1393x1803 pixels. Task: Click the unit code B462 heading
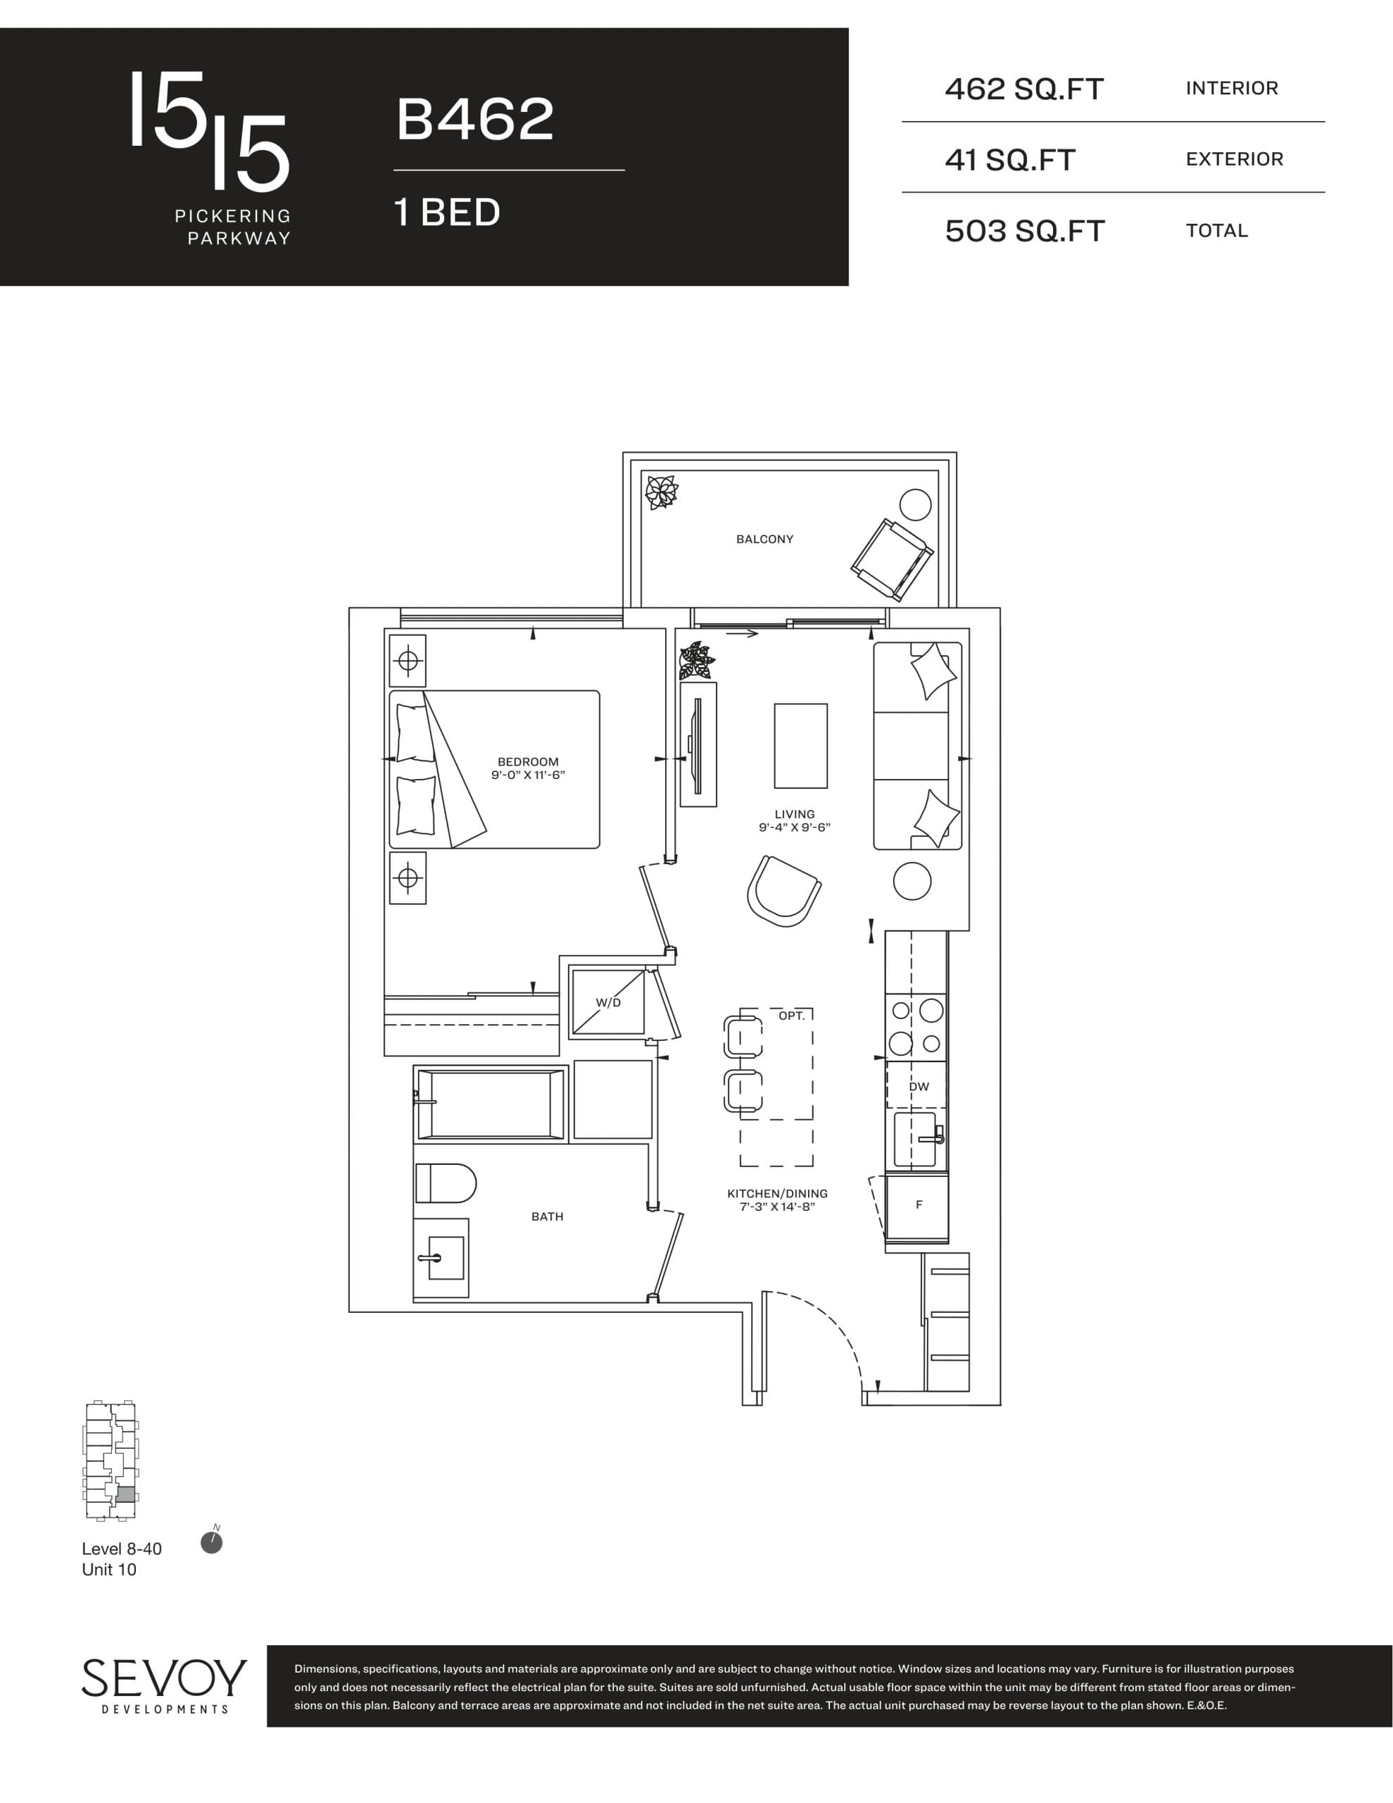tap(474, 119)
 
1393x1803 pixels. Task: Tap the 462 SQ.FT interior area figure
tap(1023, 89)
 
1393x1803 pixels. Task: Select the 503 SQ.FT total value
tap(1024, 231)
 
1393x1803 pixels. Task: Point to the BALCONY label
tap(764, 539)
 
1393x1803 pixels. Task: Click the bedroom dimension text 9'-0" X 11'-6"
tap(527, 775)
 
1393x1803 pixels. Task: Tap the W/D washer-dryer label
tap(608, 1002)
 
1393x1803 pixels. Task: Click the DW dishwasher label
tap(919, 1087)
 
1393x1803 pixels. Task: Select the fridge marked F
tap(918, 1205)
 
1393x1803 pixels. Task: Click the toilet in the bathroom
tap(445, 1183)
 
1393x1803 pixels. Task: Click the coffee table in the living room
tap(800, 745)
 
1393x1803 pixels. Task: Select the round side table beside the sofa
tap(912, 881)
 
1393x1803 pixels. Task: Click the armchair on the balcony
tap(891, 559)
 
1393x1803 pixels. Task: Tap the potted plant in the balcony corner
tap(661, 493)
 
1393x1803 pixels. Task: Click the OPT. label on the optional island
tap(791, 1016)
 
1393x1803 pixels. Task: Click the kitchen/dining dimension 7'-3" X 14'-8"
tap(776, 1207)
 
